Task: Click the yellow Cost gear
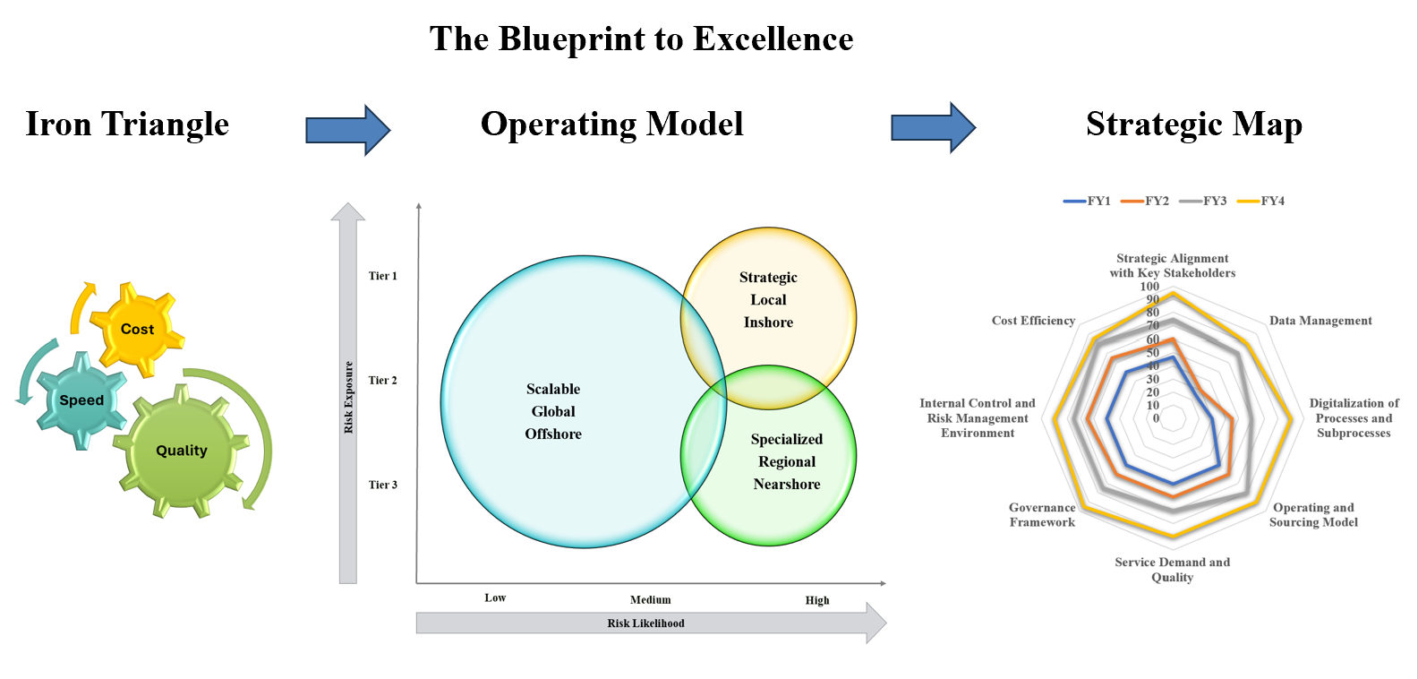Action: [x=137, y=329]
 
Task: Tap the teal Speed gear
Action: [x=81, y=400]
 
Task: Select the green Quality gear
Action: [x=182, y=451]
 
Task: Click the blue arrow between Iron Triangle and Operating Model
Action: [x=347, y=130]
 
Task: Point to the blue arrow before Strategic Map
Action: [x=933, y=127]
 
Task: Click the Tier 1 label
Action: [x=382, y=276]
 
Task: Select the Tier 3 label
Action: [x=382, y=485]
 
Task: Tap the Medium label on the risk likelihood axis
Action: [x=650, y=600]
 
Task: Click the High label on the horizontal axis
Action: [x=816, y=600]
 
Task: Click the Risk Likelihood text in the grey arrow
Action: [x=645, y=623]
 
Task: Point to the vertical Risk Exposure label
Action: [x=349, y=398]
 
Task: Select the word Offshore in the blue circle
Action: [x=553, y=434]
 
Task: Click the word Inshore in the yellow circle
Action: [x=768, y=322]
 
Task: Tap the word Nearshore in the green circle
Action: [x=786, y=485]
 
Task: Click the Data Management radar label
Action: [x=1320, y=321]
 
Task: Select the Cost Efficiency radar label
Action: [x=1033, y=321]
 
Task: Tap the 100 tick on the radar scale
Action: [x=1149, y=287]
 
